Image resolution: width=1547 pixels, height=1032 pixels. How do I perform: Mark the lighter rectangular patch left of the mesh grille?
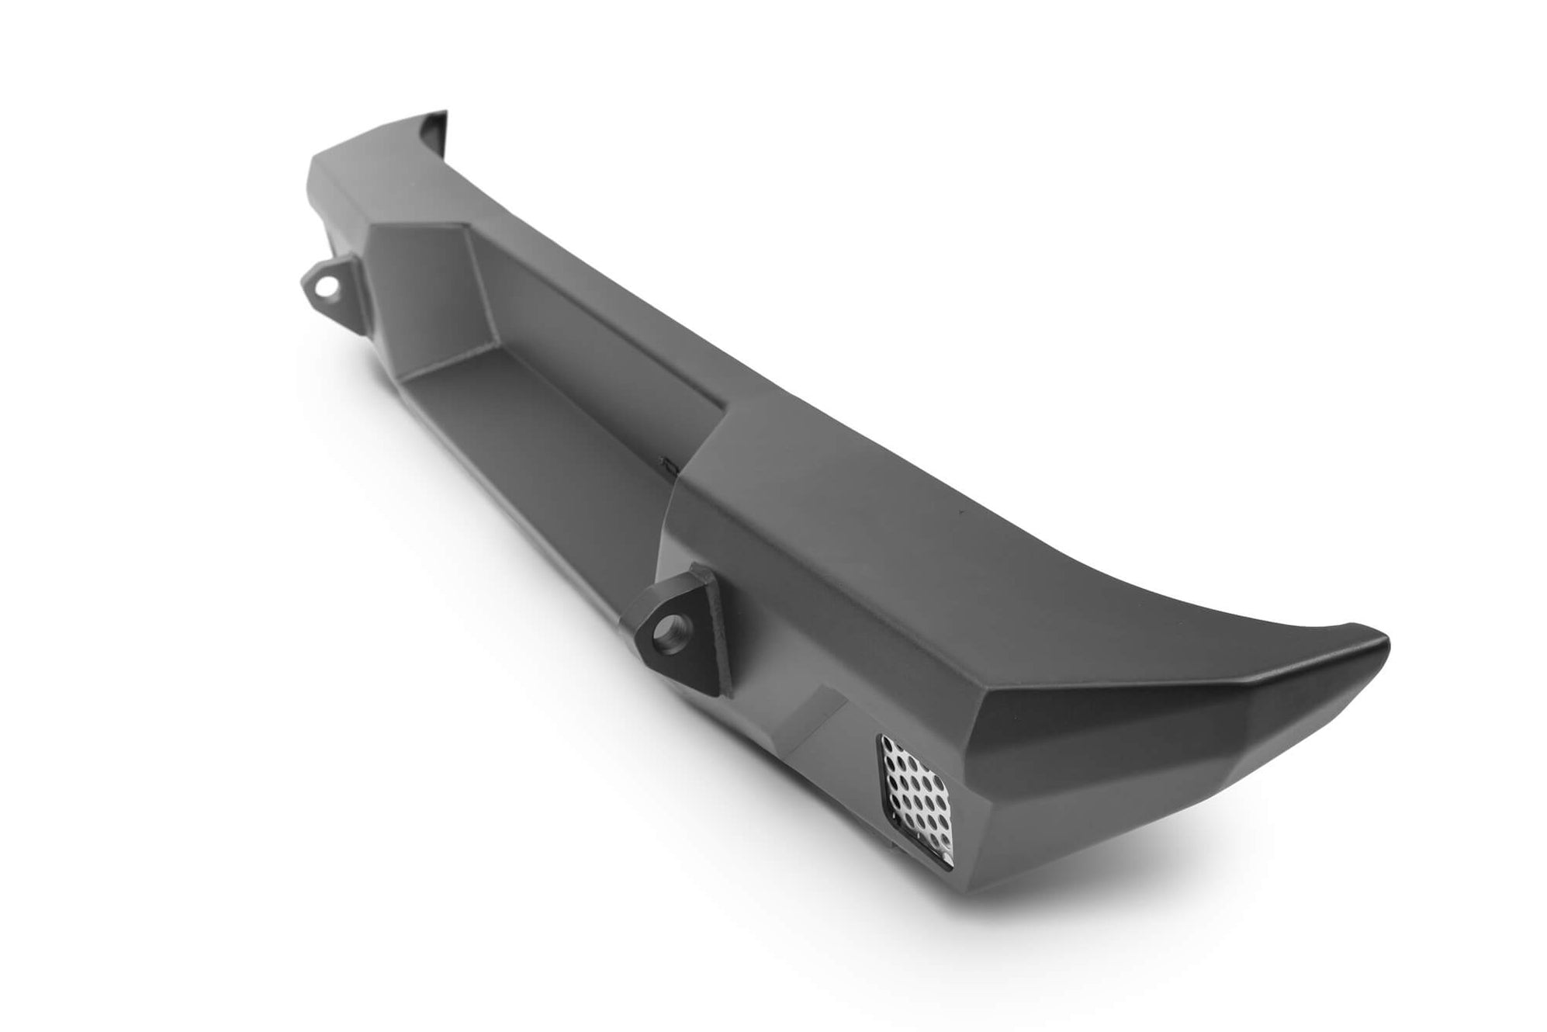pyautogui.click(x=815, y=722)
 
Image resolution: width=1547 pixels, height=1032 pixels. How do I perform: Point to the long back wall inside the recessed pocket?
pyautogui.click(x=590, y=326)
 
